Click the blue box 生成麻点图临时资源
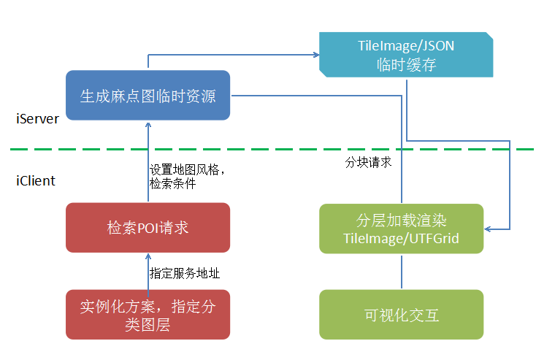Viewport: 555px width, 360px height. point(148,96)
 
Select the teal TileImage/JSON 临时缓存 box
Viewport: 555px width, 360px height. point(406,55)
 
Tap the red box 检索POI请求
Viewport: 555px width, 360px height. point(148,228)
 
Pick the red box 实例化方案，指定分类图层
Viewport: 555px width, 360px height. point(148,315)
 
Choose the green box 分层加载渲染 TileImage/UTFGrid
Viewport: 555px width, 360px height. point(401,229)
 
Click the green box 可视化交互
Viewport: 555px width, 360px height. point(401,315)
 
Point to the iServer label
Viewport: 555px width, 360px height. point(37,119)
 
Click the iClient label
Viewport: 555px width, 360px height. point(36,180)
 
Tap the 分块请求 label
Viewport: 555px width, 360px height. point(368,162)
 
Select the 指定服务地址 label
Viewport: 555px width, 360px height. point(185,273)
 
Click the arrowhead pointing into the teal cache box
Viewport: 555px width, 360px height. point(315,55)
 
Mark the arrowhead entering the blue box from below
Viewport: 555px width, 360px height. point(148,126)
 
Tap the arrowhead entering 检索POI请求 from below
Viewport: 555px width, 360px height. point(148,258)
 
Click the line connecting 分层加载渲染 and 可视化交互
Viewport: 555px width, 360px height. point(401,271)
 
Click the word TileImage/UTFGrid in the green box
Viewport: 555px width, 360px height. point(401,239)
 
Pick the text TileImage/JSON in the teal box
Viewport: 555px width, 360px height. point(406,46)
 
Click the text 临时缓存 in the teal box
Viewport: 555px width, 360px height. point(406,64)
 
